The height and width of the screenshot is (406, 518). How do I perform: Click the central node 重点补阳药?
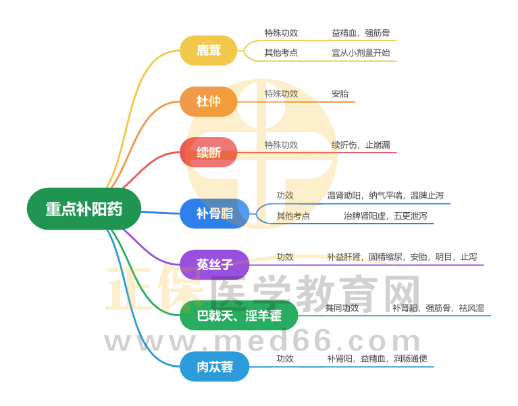coord(84,209)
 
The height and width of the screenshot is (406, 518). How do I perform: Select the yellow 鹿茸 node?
coord(208,51)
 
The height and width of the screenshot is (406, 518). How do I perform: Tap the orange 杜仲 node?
coord(208,101)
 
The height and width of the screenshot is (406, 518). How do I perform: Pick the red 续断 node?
coord(208,153)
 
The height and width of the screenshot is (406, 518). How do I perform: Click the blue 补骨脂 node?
coord(215,213)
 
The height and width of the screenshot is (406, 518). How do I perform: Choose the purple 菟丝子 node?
coord(215,265)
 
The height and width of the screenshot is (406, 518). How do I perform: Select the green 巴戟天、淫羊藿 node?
coord(238,315)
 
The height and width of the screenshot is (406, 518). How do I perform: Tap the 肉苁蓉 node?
coord(215,367)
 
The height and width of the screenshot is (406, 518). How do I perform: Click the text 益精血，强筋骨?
coord(361,32)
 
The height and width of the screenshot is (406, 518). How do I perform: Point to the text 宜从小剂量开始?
coord(361,52)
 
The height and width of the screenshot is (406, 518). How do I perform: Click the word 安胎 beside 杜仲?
coord(340,94)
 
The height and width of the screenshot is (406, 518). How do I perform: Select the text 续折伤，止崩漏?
coord(361,145)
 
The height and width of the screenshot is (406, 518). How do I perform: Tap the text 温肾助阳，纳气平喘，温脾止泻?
coord(385,195)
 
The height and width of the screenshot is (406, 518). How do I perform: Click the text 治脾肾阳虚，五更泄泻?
coord(382,216)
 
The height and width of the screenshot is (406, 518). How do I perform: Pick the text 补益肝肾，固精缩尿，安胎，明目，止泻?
coord(402,257)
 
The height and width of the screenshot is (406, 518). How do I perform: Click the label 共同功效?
coord(342,308)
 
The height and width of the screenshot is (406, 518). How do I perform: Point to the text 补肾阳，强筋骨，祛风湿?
coord(438,308)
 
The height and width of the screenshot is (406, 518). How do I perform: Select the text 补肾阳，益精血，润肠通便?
coord(377,359)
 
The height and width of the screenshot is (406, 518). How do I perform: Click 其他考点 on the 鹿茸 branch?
coord(281,52)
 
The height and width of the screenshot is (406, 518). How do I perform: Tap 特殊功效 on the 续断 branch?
coord(281,145)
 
